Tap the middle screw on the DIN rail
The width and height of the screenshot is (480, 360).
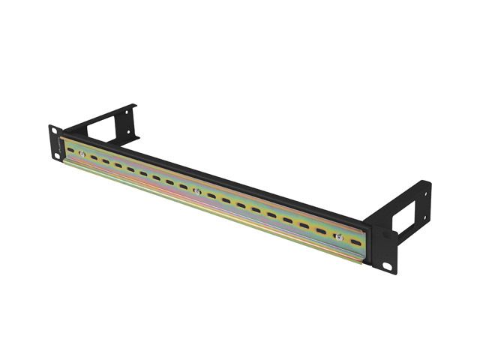[x=196, y=191]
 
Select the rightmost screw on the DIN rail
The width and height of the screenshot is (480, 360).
[x=338, y=236]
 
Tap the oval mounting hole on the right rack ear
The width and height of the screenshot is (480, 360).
[x=388, y=266]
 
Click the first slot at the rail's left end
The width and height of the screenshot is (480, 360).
[x=71, y=151]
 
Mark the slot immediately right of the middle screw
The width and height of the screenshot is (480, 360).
[x=211, y=196]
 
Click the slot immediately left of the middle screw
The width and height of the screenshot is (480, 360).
[x=182, y=186]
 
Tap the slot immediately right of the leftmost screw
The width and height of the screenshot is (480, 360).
[x=94, y=158]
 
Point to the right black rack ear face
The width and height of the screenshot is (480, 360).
[x=381, y=247]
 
